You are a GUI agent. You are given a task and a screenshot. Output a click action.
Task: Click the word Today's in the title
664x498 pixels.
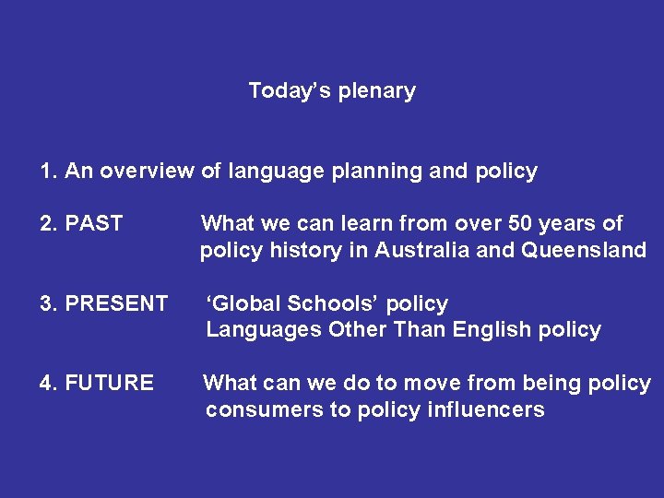pos(280,90)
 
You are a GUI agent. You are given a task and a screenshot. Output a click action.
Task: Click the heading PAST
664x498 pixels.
pos(94,223)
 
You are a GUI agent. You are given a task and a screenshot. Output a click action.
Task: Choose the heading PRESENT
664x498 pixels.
pos(116,303)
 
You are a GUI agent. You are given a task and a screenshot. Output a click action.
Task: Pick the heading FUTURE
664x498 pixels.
pos(110,383)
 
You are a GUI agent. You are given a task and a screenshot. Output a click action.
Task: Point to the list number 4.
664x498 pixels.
pos(46,383)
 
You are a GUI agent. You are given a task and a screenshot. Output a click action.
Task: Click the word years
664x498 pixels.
pos(572,223)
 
